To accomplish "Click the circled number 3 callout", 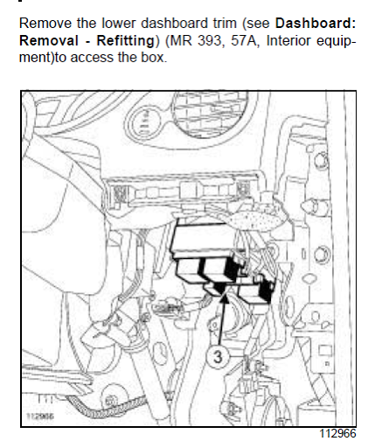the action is (218, 356).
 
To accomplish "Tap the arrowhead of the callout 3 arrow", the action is (225, 298).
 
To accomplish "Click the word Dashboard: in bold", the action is (316, 24).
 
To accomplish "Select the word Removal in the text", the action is (49, 40).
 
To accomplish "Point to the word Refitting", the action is (126, 41).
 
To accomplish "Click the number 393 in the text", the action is (209, 40).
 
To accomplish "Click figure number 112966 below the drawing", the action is (338, 434).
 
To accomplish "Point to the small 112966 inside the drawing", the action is (40, 416).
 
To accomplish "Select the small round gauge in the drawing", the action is (145, 122).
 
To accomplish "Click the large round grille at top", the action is (215, 113).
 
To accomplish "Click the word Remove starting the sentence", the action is (45, 24).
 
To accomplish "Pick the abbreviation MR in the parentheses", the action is (180, 40).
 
